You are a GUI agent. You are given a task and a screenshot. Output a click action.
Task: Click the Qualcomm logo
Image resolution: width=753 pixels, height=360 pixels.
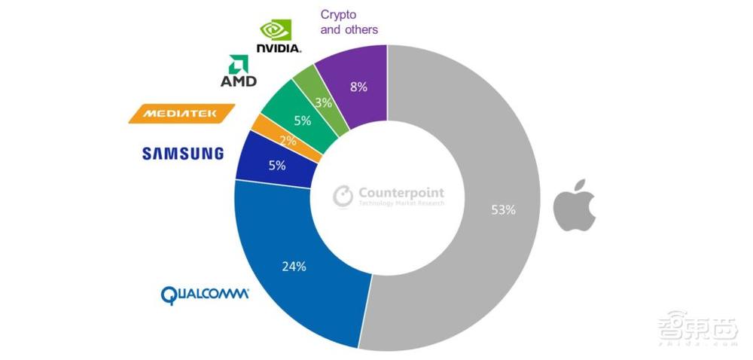point(205,294)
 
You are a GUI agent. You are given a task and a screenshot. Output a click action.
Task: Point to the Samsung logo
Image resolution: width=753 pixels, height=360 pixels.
point(183,154)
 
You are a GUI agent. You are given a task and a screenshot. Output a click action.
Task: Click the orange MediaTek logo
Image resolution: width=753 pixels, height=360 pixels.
point(181,114)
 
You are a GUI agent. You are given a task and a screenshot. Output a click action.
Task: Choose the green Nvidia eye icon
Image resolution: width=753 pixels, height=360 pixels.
point(276,29)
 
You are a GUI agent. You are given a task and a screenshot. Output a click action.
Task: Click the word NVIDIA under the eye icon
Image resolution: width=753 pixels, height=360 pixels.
point(279,47)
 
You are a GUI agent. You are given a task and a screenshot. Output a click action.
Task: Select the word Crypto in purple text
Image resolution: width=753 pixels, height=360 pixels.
point(338,14)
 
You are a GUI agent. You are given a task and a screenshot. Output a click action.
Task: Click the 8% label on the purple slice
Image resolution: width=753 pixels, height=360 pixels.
point(358,87)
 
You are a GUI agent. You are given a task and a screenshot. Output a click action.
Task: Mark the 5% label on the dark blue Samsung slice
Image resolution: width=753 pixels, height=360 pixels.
point(276,165)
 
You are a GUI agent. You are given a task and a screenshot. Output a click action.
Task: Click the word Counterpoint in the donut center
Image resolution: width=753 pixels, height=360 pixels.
point(400,192)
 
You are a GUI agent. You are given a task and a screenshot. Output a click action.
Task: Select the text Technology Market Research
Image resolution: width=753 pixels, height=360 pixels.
point(400,204)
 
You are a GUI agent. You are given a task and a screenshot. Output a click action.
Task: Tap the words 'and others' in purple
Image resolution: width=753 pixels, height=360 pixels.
point(349,30)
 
